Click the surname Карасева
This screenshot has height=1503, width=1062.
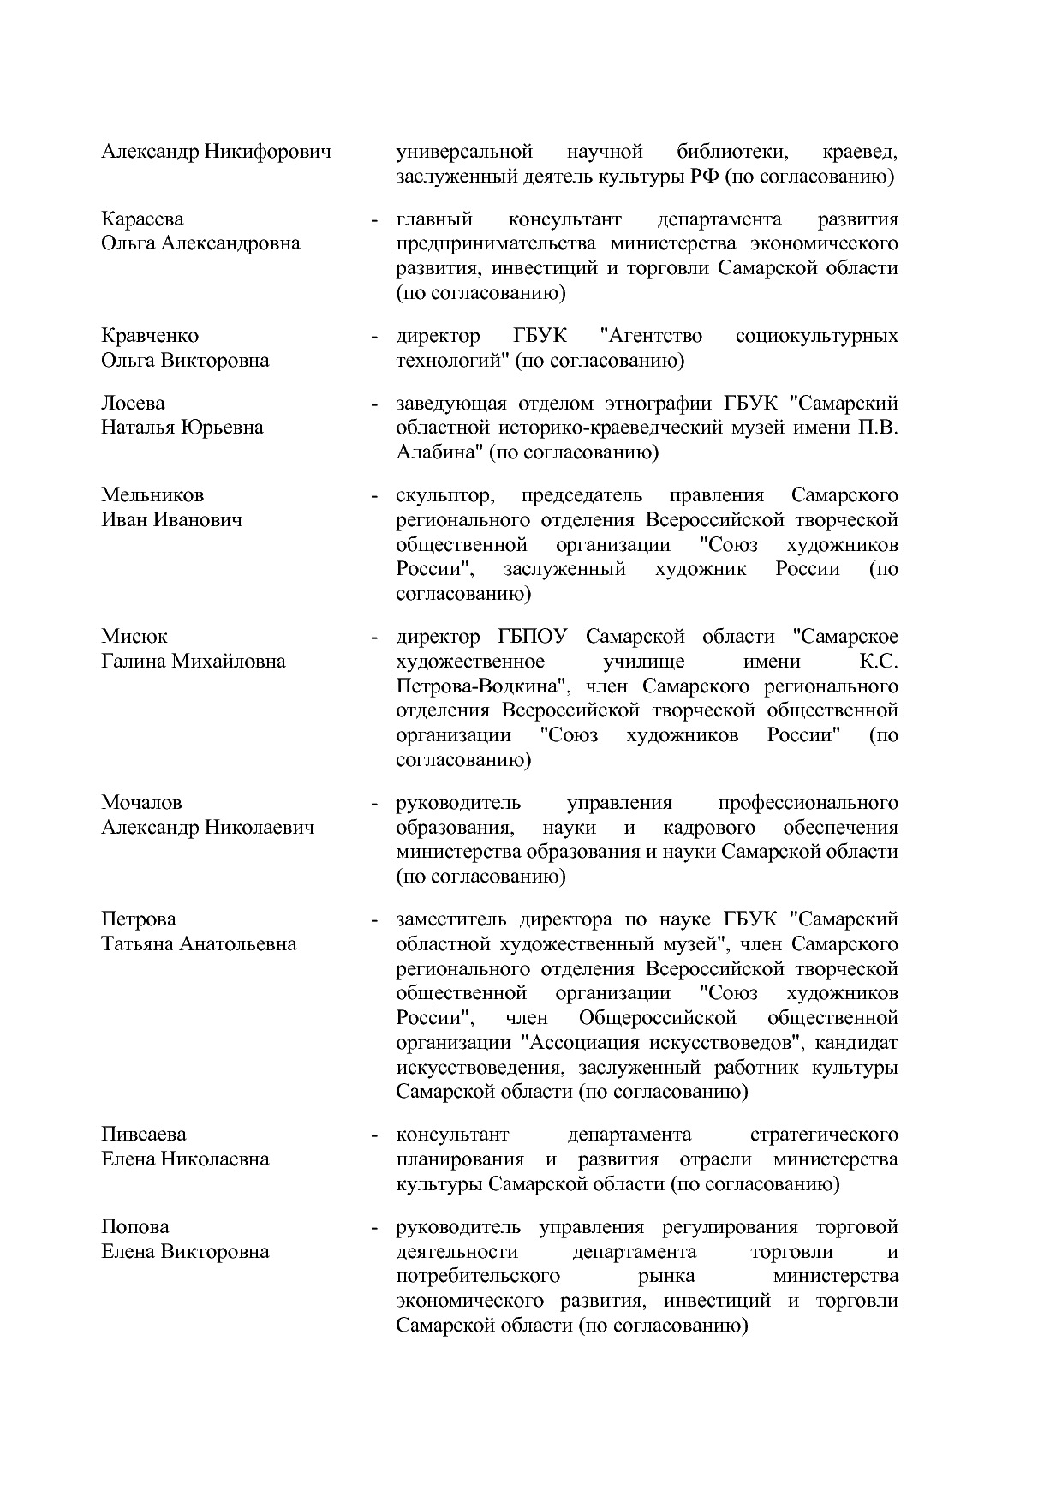point(142,219)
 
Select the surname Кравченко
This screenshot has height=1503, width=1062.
point(150,336)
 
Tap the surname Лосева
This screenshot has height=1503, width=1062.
point(133,403)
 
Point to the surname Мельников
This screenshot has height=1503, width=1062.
point(152,495)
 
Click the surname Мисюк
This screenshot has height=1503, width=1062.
point(134,637)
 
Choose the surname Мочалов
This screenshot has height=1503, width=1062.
point(141,803)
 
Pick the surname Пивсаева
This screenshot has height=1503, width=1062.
point(143,1135)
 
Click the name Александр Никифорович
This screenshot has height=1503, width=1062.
point(216,153)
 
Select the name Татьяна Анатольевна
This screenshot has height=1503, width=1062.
point(199,944)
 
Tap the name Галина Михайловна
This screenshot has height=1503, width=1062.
point(194,662)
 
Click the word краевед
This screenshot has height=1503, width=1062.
point(859,153)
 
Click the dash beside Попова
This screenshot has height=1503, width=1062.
point(374,1228)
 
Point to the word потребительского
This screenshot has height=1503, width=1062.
point(478,1276)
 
